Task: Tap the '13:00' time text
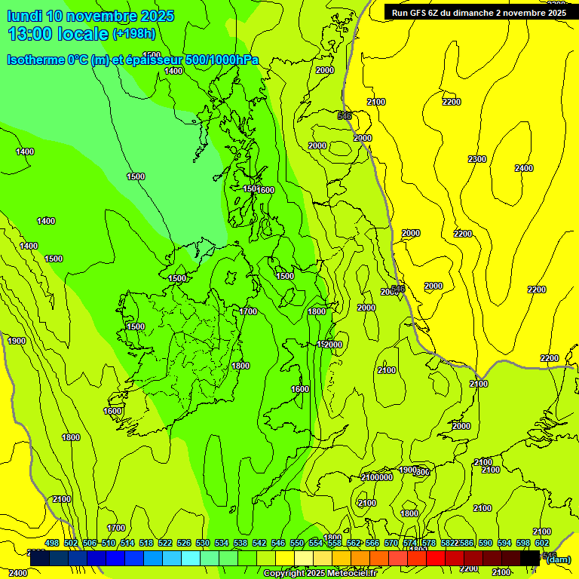[x=28, y=34]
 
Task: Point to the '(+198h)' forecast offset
[x=134, y=34]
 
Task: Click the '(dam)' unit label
[x=558, y=559]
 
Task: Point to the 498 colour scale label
[x=52, y=544]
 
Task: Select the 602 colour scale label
[x=542, y=544]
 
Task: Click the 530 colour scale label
[x=203, y=544]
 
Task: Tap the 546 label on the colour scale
[x=278, y=544]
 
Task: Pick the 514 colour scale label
[x=127, y=544]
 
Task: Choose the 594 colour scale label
[x=504, y=544]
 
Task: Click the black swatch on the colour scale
[x=530, y=558]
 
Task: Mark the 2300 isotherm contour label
[x=476, y=159]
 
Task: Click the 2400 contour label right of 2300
[x=524, y=168]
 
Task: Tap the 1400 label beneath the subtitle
[x=173, y=71]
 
